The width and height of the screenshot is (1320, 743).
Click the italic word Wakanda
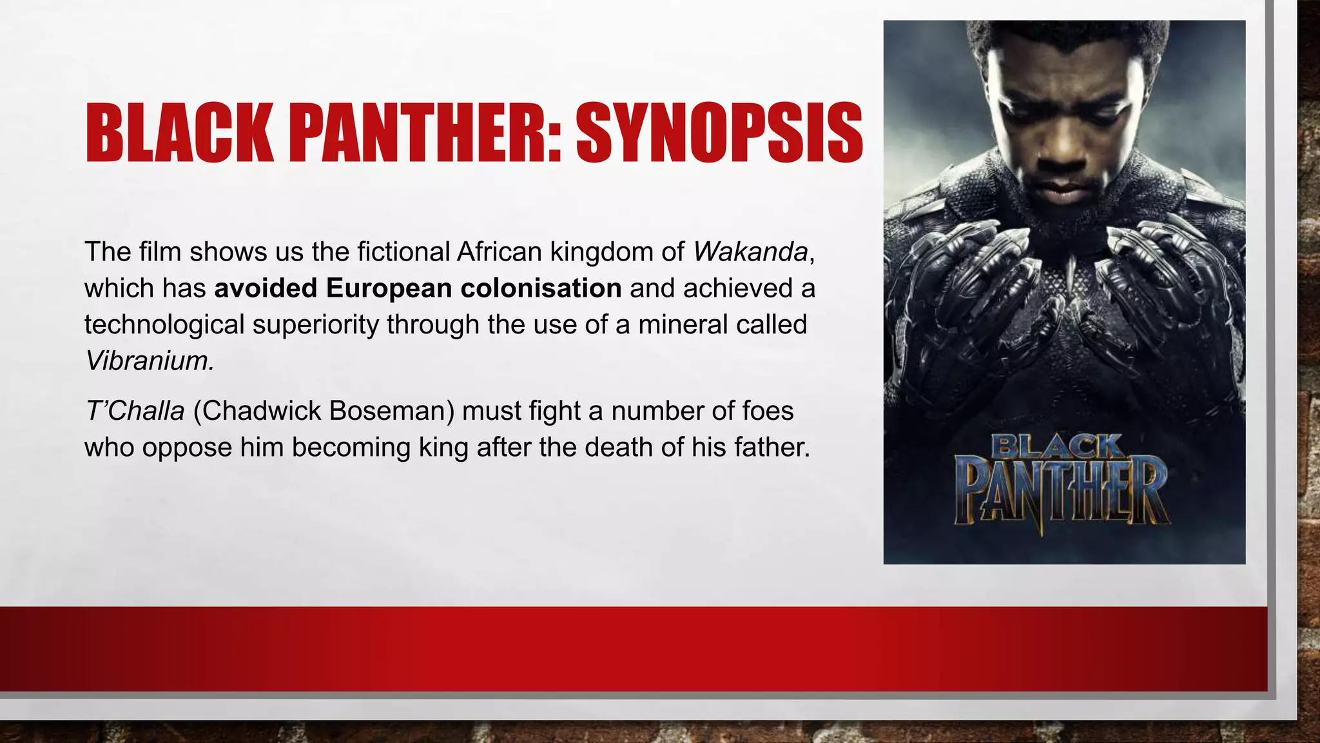[750, 252]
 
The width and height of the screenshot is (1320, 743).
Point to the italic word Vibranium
[148, 361]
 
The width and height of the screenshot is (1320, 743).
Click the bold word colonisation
[541, 288]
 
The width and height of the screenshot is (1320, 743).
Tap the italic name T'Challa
[135, 411]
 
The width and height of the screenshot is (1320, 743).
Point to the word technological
[164, 324]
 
